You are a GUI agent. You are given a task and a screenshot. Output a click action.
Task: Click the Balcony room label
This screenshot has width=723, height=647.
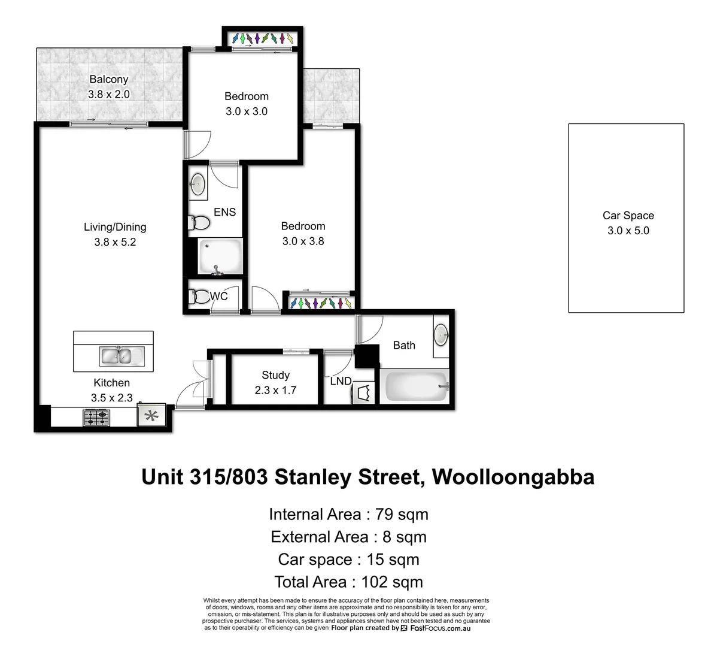click(x=108, y=79)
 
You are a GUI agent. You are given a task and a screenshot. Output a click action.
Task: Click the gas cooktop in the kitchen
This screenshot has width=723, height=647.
click(x=96, y=417)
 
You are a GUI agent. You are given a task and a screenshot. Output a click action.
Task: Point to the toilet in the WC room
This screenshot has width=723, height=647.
click(x=198, y=296)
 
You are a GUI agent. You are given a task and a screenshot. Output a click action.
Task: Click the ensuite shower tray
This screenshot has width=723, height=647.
click(x=220, y=256)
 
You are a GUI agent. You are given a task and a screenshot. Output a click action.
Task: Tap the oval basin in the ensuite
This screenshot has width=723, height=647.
click(x=198, y=185)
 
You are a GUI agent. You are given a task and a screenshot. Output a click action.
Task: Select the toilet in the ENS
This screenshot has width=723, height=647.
click(x=199, y=223)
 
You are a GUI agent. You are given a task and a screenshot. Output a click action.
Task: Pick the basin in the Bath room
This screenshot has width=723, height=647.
click(x=441, y=334)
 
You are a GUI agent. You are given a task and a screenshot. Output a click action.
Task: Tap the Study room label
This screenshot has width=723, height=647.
click(x=275, y=375)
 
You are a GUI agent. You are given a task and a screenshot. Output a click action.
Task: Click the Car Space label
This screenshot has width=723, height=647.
click(x=628, y=216)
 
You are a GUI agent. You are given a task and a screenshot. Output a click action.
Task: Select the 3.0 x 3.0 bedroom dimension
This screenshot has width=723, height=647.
click(x=246, y=111)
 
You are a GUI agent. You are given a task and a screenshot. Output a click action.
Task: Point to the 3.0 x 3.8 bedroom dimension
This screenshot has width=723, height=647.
click(x=303, y=241)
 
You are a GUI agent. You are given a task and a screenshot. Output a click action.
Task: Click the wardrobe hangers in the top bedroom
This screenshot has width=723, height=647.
click(x=262, y=39)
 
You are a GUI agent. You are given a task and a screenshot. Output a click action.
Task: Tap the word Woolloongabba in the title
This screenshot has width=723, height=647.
click(x=513, y=477)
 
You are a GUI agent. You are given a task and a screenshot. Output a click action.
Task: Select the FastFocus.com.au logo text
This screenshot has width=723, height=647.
click(x=439, y=628)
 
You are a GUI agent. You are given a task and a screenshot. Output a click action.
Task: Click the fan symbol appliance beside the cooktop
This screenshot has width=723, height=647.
click(x=149, y=416)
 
